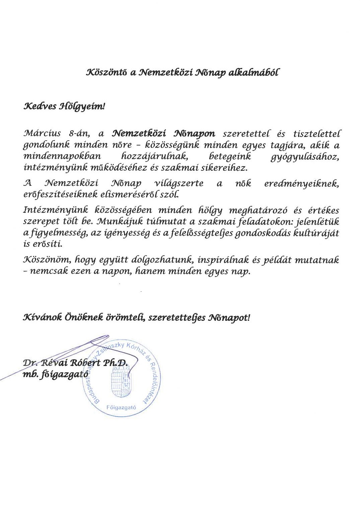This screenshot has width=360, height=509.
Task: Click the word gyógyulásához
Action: coord(305,156)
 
